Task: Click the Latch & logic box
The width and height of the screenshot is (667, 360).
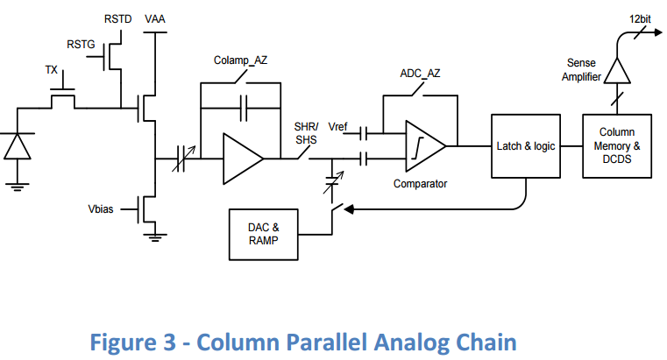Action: coord(526,145)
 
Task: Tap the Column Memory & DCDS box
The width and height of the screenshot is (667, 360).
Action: coord(617,145)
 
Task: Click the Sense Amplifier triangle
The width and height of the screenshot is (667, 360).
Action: coord(618,69)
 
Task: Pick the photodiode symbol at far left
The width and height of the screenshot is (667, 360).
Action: coord(16,146)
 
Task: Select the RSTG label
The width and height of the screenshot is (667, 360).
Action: coord(82,44)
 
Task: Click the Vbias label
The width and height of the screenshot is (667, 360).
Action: coord(102,209)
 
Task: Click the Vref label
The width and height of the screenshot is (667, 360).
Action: coord(337,128)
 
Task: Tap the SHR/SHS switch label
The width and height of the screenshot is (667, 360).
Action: coord(307,132)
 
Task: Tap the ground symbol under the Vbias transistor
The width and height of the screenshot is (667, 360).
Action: coord(155,235)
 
